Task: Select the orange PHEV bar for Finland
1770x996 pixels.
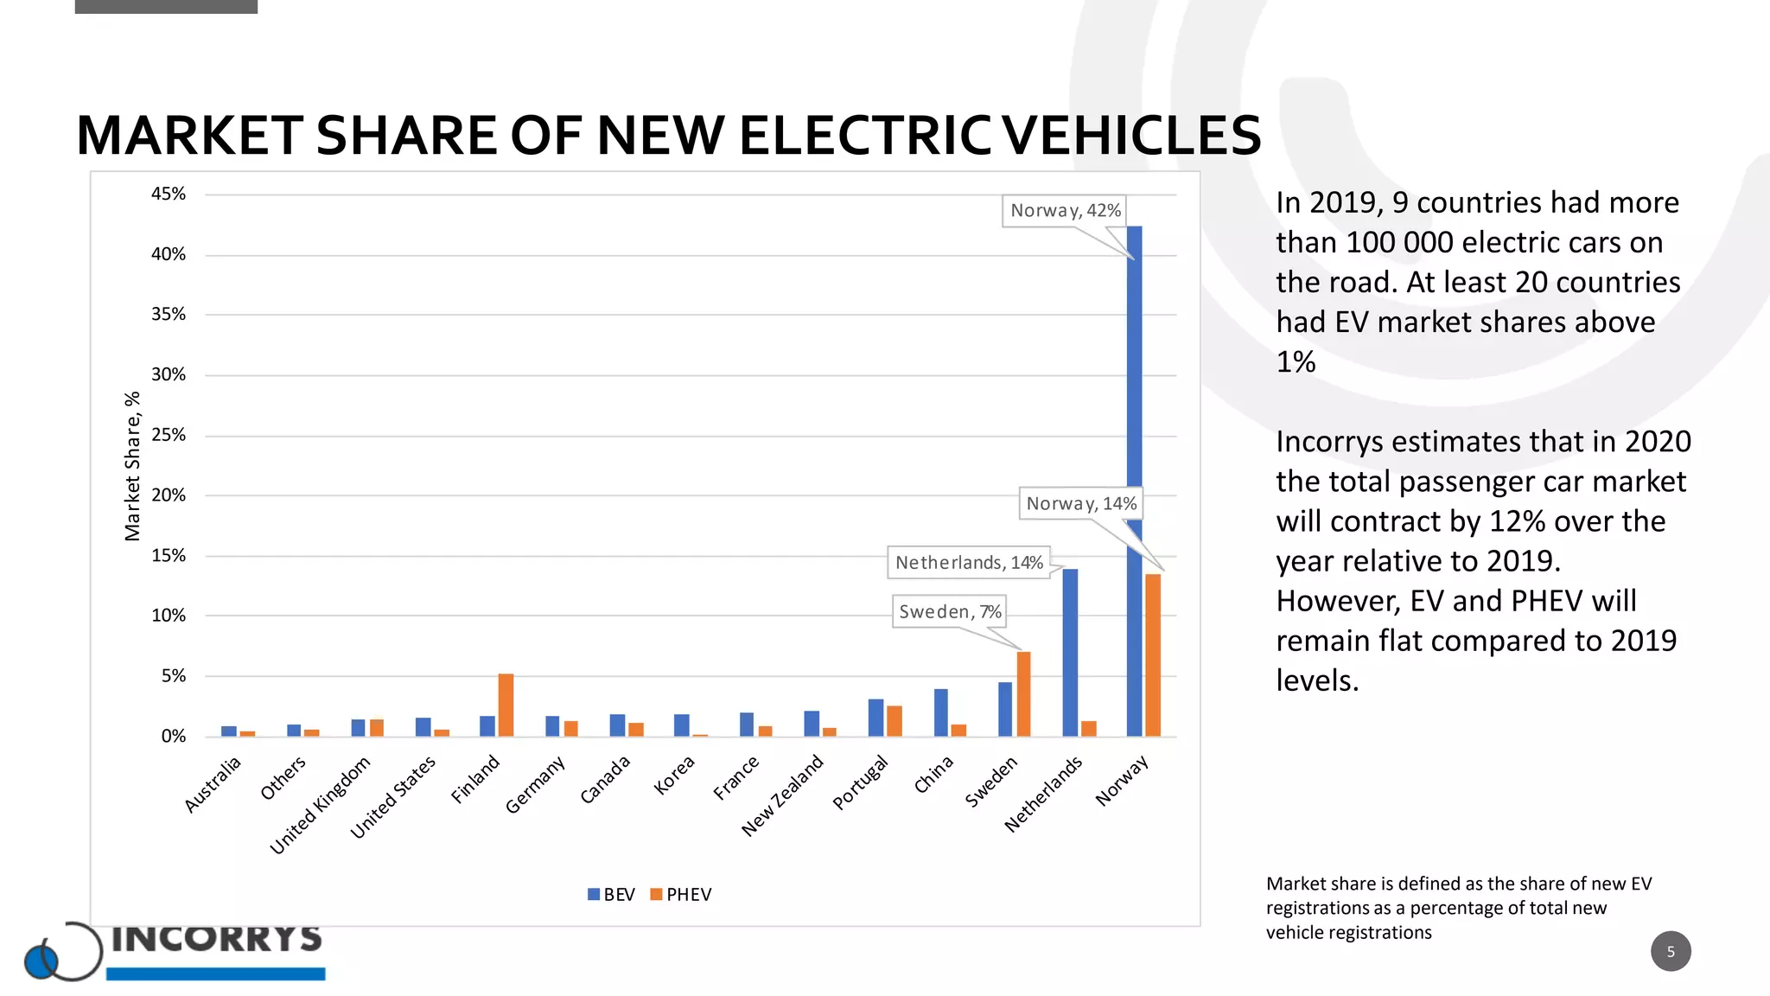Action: [506, 705]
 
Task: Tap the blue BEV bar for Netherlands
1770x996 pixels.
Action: [1070, 653]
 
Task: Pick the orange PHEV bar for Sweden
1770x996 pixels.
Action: [1023, 694]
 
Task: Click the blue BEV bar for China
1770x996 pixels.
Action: [940, 712]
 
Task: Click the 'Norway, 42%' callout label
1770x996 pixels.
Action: [1065, 211]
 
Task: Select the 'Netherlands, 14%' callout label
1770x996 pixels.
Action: [969, 563]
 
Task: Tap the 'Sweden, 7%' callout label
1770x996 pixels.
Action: [949, 612]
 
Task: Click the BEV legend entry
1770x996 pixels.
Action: [612, 895]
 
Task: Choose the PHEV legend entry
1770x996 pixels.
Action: [681, 895]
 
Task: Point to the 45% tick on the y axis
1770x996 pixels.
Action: [169, 194]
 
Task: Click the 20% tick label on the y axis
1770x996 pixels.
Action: [169, 495]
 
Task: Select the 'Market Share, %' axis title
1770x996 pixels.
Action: [132, 466]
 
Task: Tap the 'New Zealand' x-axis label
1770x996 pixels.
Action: [783, 795]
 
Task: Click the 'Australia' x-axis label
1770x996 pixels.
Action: [213, 783]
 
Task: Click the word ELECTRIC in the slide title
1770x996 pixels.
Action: [865, 136]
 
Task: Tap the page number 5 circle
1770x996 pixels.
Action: [1670, 951]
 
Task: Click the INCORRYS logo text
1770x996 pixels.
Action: [216, 938]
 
